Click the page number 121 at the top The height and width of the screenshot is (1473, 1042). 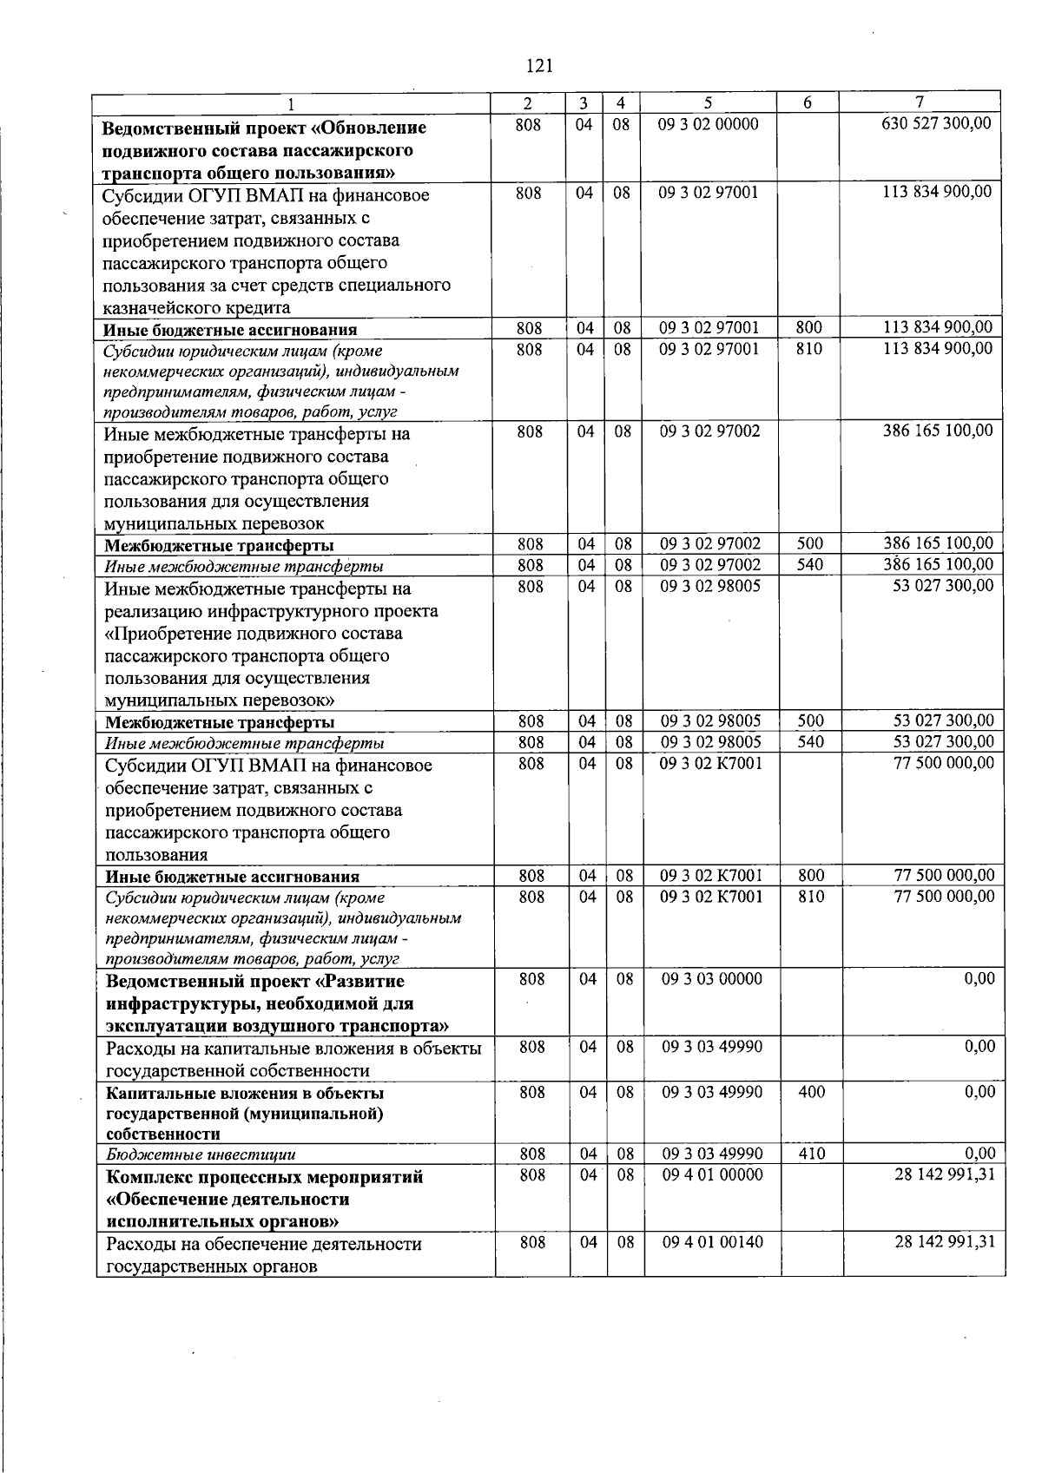(x=539, y=65)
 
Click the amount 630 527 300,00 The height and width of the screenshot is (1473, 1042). (x=936, y=123)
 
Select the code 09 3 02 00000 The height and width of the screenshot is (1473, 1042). (x=709, y=123)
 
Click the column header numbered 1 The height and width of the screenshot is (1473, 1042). (x=293, y=103)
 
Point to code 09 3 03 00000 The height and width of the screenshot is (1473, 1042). (x=712, y=979)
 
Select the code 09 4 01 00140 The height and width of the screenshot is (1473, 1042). (x=713, y=1242)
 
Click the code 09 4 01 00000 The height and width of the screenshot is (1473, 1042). (x=713, y=1174)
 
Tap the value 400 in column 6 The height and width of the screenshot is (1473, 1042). (x=811, y=1092)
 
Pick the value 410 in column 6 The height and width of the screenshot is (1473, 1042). (x=811, y=1154)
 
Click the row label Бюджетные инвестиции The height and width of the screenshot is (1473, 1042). (x=201, y=1154)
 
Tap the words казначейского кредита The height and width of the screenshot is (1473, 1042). (x=196, y=307)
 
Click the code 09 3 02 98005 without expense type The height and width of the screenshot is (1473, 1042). (x=710, y=586)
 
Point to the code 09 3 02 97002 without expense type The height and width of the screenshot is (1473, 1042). (x=710, y=431)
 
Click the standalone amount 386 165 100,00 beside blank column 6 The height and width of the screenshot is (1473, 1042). (x=938, y=431)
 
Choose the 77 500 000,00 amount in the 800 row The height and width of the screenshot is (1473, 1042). (x=944, y=875)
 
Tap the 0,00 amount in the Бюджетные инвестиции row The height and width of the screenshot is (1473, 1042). (x=980, y=1154)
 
